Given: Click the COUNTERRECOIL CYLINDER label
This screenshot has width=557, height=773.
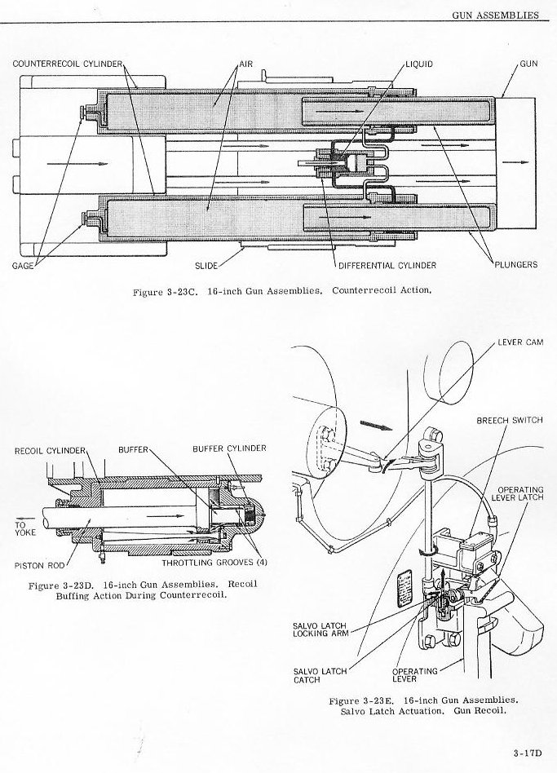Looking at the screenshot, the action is point(67,64).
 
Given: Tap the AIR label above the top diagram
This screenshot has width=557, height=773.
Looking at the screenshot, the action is point(246,64).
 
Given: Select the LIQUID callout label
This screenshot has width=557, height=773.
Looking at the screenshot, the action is point(419,64).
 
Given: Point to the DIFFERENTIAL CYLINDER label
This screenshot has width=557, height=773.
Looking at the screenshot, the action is point(387,265).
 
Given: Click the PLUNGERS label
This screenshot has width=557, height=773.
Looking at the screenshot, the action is point(515,264).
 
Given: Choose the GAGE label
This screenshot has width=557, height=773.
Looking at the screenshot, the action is point(23,266).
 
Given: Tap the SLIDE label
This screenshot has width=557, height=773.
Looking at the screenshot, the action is point(206,266).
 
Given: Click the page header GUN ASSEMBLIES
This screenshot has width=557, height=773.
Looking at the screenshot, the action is point(495,15).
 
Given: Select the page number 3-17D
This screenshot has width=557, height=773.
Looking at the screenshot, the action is point(528,753).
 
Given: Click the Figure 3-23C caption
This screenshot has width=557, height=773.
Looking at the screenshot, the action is point(282,291).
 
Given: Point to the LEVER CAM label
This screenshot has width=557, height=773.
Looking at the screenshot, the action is point(520,342).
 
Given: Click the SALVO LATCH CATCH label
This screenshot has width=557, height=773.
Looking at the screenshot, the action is point(320,675).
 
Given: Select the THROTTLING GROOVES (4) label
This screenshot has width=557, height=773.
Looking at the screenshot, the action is point(214,563).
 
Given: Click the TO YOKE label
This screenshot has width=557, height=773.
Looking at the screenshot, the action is point(25,528).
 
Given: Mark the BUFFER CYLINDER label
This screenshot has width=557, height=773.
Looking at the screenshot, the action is point(229,448).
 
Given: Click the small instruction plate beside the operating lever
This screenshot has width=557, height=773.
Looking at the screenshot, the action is point(405,585).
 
